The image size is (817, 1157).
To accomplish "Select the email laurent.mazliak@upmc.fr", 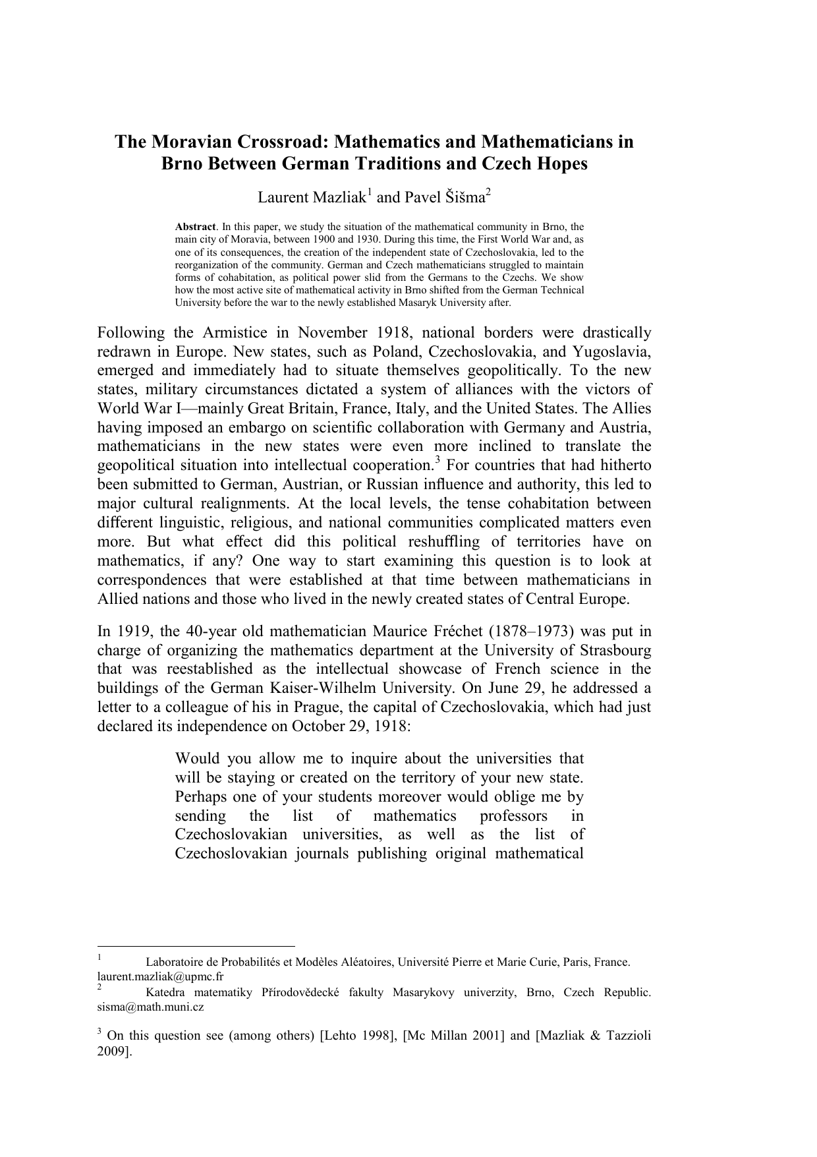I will tap(160, 976).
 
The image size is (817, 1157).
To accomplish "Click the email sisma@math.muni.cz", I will tap(150, 1007).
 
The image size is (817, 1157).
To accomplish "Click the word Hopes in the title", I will tap(561, 163).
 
